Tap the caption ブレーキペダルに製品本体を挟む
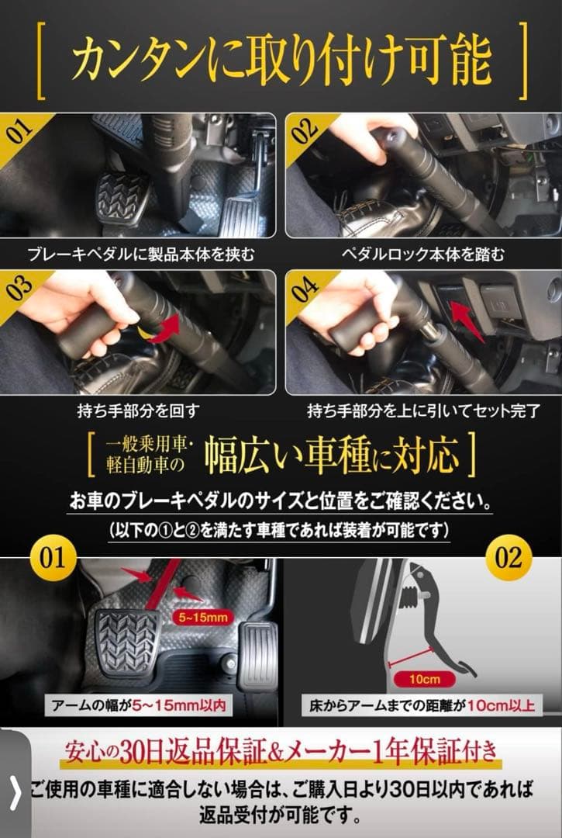[140, 254]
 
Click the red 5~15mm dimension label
[200, 617]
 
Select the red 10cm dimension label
[424, 679]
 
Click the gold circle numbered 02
[509, 559]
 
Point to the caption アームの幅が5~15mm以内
[139, 707]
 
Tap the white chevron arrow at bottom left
[15, 794]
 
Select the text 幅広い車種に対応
[341, 456]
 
